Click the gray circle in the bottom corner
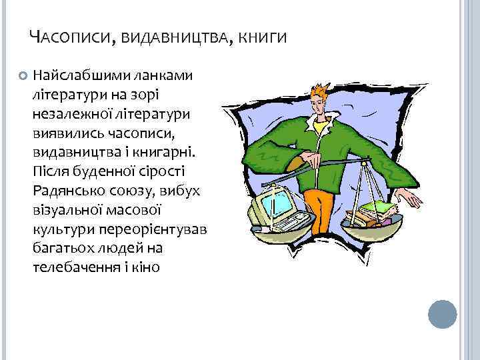(x=442, y=313)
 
